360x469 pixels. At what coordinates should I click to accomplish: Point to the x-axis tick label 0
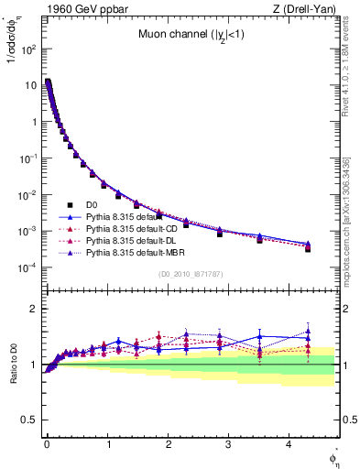point(47,444)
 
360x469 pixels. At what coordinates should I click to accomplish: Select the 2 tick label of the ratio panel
point(34,309)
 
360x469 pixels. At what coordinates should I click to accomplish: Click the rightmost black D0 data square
point(308,248)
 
